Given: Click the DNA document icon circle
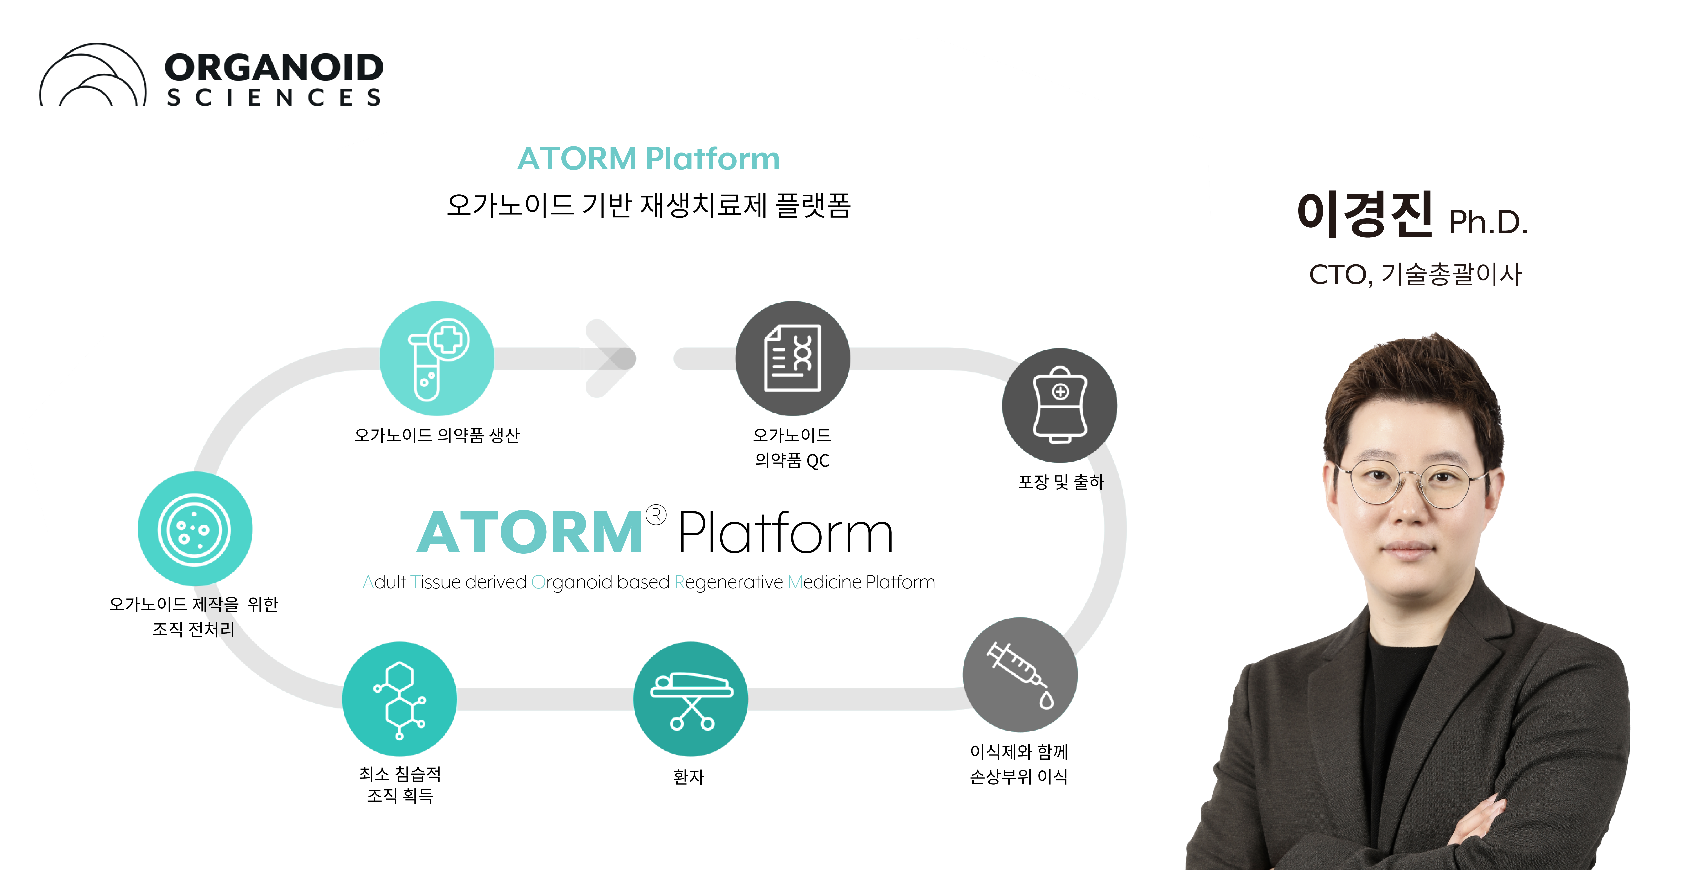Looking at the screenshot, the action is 792,358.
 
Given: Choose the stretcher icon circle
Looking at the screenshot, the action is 690,699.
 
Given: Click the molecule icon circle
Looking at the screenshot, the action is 399,699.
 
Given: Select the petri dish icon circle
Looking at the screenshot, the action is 195,529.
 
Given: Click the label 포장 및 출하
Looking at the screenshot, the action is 1060,482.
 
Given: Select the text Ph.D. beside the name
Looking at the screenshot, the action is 1488,222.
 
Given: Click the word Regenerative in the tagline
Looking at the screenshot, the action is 728,582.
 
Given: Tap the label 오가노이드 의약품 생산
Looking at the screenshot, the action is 437,435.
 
